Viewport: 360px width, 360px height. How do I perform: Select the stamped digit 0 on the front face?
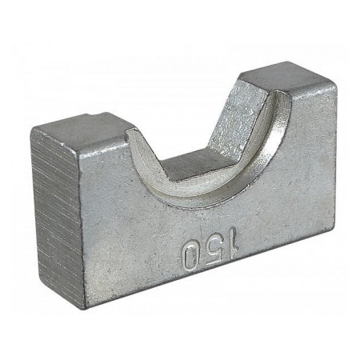coord(190,256)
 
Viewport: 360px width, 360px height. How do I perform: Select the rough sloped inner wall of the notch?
coord(236,118)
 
